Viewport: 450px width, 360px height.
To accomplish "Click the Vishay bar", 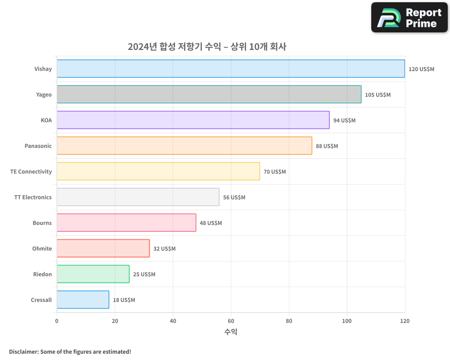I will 230,69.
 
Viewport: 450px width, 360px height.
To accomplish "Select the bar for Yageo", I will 209,94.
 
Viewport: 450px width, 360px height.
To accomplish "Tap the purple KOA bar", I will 193,120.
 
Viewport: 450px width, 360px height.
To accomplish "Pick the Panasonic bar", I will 184,146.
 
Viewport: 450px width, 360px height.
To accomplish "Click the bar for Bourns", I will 126,223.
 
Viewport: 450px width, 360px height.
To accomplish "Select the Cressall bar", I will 83,300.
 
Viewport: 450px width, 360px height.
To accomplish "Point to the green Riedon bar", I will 93,274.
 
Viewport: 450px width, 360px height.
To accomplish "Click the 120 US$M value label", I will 421,69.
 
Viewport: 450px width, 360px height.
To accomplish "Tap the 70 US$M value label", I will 274,172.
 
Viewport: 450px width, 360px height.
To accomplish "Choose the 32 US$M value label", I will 164,249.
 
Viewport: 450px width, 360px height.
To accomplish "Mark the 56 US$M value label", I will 234,198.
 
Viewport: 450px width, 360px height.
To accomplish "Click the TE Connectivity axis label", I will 31,171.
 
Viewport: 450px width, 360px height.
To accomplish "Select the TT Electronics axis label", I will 33,197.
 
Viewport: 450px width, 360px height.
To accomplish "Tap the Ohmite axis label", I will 42,248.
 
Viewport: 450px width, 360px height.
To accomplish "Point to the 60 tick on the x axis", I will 231,321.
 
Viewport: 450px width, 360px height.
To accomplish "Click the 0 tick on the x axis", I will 57,321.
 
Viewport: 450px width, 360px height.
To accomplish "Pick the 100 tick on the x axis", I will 347,321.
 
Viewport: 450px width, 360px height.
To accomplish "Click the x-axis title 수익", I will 230,332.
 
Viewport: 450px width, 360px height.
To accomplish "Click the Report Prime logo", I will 409,18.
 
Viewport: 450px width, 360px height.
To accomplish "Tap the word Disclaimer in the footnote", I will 23,351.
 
